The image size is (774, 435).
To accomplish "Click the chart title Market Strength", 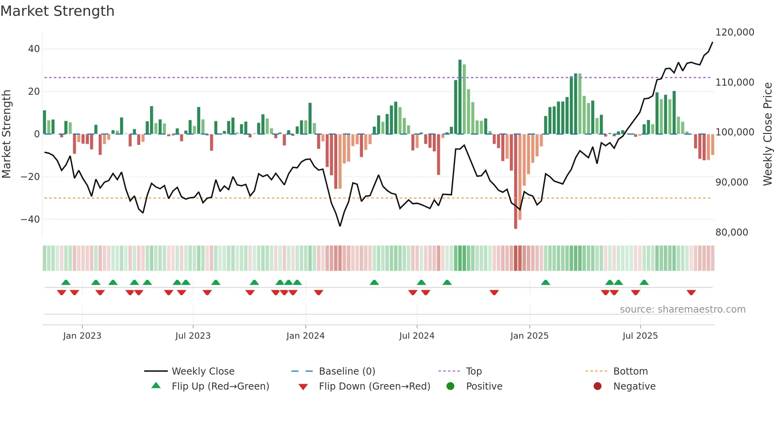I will [x=57, y=11].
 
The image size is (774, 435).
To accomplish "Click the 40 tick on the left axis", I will [x=34, y=49].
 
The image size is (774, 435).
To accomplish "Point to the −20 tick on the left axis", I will [x=30, y=177].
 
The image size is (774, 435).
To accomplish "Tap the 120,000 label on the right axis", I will [x=735, y=32].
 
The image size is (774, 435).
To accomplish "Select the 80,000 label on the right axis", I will [x=731, y=232].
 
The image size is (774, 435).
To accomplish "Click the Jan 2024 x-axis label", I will [x=305, y=336].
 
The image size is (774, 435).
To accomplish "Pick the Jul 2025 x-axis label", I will [x=640, y=336].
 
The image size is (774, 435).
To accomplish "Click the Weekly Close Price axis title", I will [x=767, y=134].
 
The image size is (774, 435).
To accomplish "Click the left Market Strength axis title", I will [x=7, y=134].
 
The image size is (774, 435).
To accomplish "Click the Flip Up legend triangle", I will [x=156, y=386].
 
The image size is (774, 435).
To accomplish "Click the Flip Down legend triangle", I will [x=303, y=387].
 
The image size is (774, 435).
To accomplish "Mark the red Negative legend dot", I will [x=597, y=386].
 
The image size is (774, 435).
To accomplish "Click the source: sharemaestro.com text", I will [x=682, y=309].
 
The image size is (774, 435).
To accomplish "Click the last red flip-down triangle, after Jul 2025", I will [x=691, y=292].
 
